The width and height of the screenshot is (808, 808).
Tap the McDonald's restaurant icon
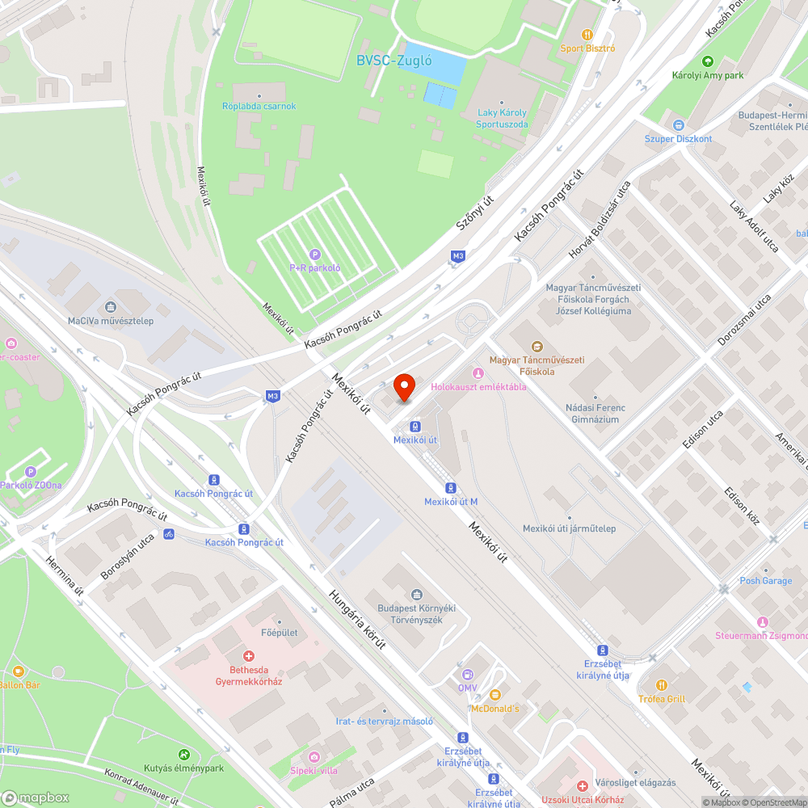click(x=495, y=694)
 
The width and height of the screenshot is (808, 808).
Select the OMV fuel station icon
click(x=467, y=674)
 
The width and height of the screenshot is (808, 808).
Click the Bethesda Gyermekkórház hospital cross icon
click(x=249, y=655)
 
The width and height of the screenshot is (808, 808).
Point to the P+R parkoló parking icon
click(x=315, y=255)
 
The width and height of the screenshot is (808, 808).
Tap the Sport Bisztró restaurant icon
click(x=587, y=35)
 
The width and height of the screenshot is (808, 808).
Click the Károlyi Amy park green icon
click(x=708, y=61)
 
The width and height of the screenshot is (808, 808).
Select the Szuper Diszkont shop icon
click(x=678, y=125)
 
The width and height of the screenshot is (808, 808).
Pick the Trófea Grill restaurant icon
click(x=662, y=684)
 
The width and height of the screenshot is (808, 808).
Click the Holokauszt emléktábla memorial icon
click(x=478, y=372)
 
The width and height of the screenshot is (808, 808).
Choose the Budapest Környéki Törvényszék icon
click(x=416, y=595)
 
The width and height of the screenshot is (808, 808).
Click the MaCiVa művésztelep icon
click(x=111, y=307)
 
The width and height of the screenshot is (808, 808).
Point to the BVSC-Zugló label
click(x=394, y=60)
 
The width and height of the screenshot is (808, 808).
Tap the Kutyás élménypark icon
click(x=184, y=755)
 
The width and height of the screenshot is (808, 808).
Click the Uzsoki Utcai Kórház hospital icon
click(x=582, y=785)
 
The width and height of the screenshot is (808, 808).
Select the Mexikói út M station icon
click(x=451, y=488)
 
